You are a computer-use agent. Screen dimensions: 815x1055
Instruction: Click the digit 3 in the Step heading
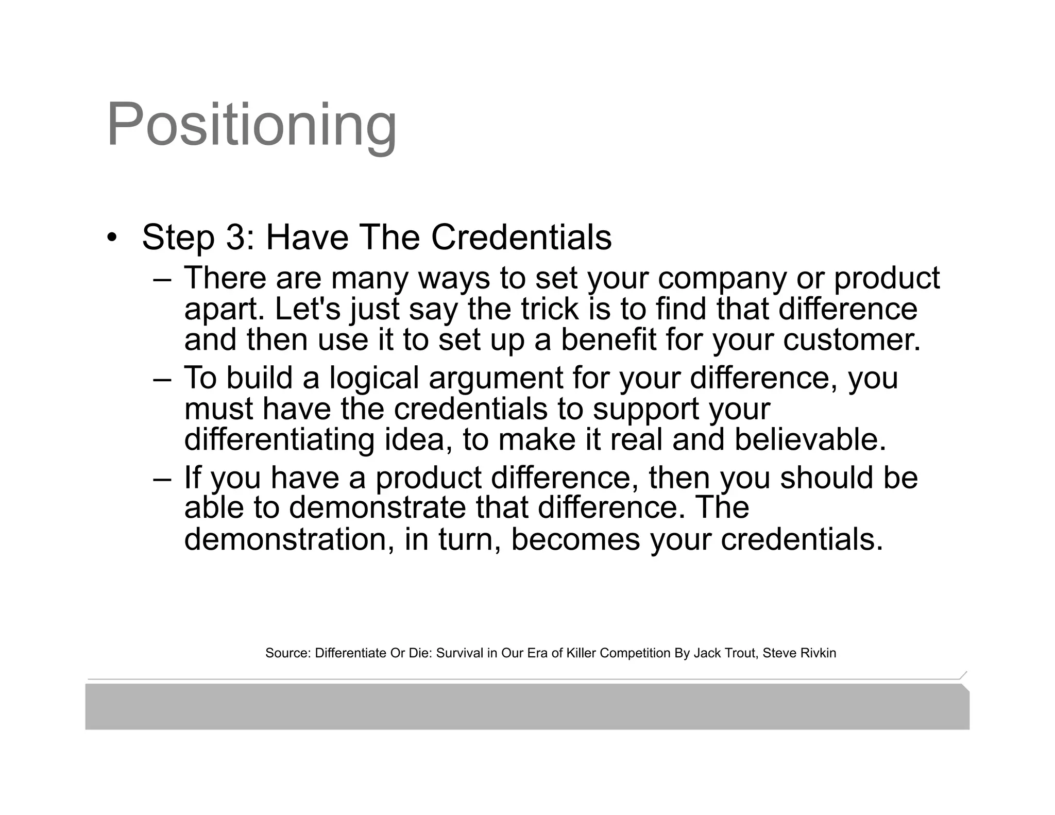click(234, 237)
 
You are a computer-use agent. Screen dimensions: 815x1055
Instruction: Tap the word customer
click(851, 340)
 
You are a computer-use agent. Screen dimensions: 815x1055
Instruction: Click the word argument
click(496, 379)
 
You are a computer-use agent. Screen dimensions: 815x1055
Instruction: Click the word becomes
click(575, 539)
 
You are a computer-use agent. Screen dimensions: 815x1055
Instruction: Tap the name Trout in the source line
click(740, 653)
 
